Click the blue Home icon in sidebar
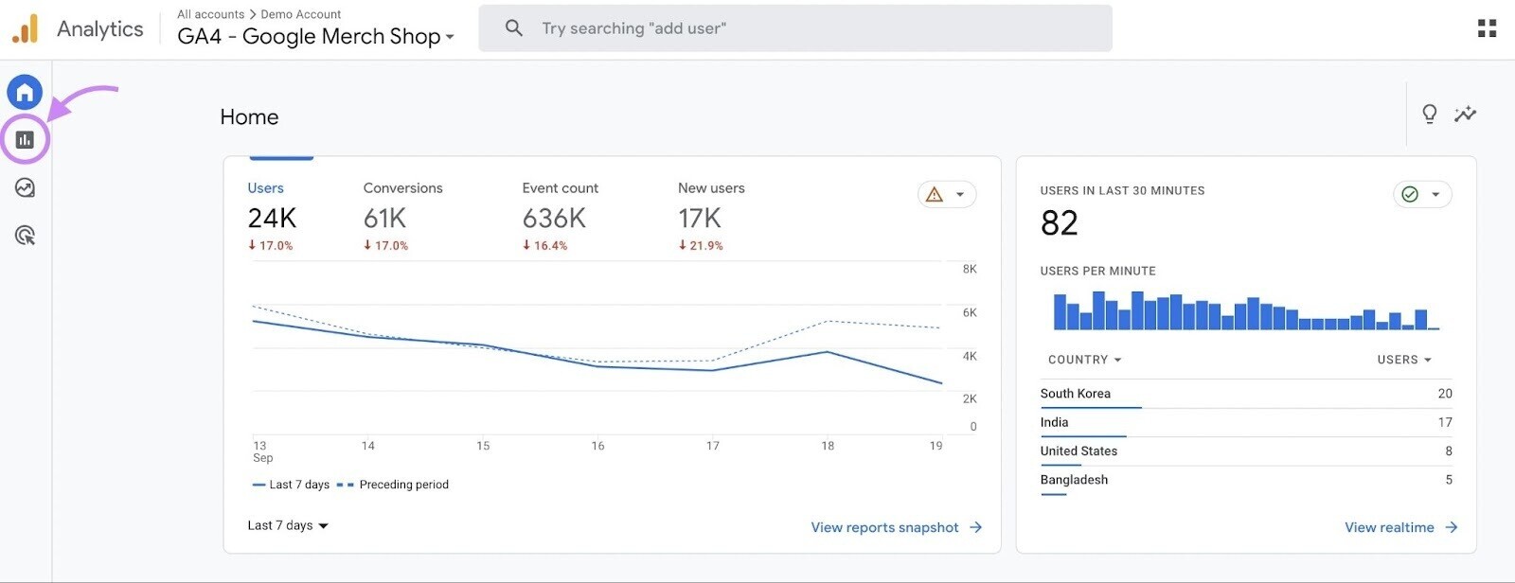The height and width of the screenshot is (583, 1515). coord(25,92)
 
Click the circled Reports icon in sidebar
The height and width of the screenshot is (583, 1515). coord(25,140)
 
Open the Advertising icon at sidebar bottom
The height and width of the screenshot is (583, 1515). coord(25,236)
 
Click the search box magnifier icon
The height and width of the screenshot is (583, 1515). coord(514,28)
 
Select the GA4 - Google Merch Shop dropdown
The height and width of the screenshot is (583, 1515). coord(315,36)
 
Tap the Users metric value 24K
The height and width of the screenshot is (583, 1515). coord(272,219)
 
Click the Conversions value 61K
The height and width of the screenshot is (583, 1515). coord(384,219)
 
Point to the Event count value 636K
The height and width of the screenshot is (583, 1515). coord(554,219)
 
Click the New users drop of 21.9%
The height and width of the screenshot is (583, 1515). coord(701,245)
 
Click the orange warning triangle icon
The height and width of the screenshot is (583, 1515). coord(935,195)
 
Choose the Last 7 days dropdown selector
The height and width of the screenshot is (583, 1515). coord(288,525)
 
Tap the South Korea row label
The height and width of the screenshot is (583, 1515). coord(1075,394)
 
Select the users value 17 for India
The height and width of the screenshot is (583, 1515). coord(1444,422)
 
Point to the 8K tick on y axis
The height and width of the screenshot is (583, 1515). coord(970,269)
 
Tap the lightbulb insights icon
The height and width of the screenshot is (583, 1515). coord(1430,115)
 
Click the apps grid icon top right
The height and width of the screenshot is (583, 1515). coord(1487,28)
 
